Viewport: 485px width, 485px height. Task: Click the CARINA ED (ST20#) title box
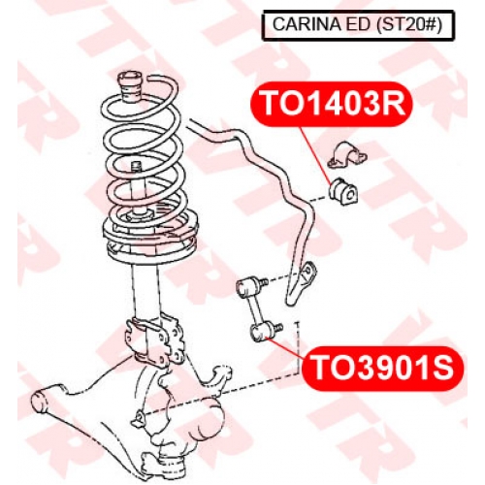coord(358,25)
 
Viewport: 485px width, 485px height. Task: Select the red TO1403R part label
coord(332,104)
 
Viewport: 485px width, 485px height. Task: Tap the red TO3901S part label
coord(383,369)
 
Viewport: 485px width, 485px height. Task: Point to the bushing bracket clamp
coord(347,155)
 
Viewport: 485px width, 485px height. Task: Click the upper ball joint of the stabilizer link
coord(245,286)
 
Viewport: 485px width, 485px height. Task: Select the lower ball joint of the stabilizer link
coord(260,332)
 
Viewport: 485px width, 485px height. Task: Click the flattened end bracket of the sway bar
coord(301,282)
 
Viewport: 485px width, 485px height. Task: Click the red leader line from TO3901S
coord(283,347)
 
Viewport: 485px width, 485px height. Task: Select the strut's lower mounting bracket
coord(154,339)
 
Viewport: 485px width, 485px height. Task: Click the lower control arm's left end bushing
coord(41,402)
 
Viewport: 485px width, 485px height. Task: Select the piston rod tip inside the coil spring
coord(136,168)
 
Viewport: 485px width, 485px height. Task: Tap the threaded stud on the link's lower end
coord(278,328)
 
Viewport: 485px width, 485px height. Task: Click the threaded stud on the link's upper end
coord(264,282)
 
